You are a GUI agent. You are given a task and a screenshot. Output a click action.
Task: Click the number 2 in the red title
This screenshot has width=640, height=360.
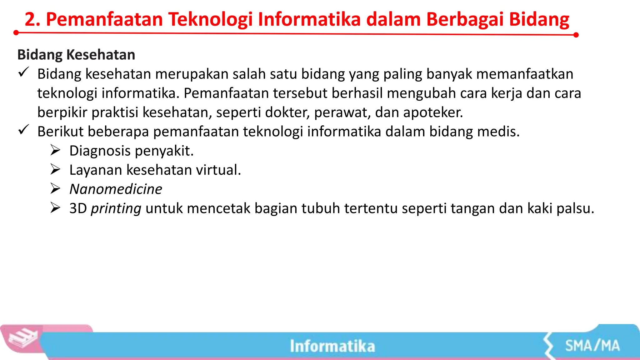pyautogui.click(x=30, y=19)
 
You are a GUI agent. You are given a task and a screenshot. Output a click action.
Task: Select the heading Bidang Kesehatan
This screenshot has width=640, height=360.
pyautogui.click(x=76, y=55)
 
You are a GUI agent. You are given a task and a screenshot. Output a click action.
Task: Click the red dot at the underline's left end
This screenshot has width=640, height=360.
pyautogui.click(x=16, y=32)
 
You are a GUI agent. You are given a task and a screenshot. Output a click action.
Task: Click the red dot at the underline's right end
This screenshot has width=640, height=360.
pyautogui.click(x=576, y=35)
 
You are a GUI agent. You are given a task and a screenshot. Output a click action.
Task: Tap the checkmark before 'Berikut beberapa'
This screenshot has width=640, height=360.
pyautogui.click(x=24, y=130)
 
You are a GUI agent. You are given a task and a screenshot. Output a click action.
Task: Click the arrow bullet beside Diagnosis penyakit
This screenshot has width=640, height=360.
pyautogui.click(x=55, y=150)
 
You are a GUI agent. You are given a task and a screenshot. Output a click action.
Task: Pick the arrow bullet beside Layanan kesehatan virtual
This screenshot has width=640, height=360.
pyautogui.click(x=55, y=169)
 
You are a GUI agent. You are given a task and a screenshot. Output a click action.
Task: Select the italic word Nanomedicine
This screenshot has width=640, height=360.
pyautogui.click(x=116, y=189)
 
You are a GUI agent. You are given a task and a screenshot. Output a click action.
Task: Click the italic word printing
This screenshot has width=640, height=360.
pyautogui.click(x=116, y=208)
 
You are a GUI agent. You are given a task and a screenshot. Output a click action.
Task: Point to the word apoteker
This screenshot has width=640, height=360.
pyautogui.click(x=433, y=112)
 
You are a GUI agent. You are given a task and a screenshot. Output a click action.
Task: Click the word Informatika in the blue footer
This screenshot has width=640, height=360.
pyautogui.click(x=332, y=346)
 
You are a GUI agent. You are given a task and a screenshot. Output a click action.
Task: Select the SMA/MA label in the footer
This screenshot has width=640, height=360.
pyautogui.click(x=592, y=346)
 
